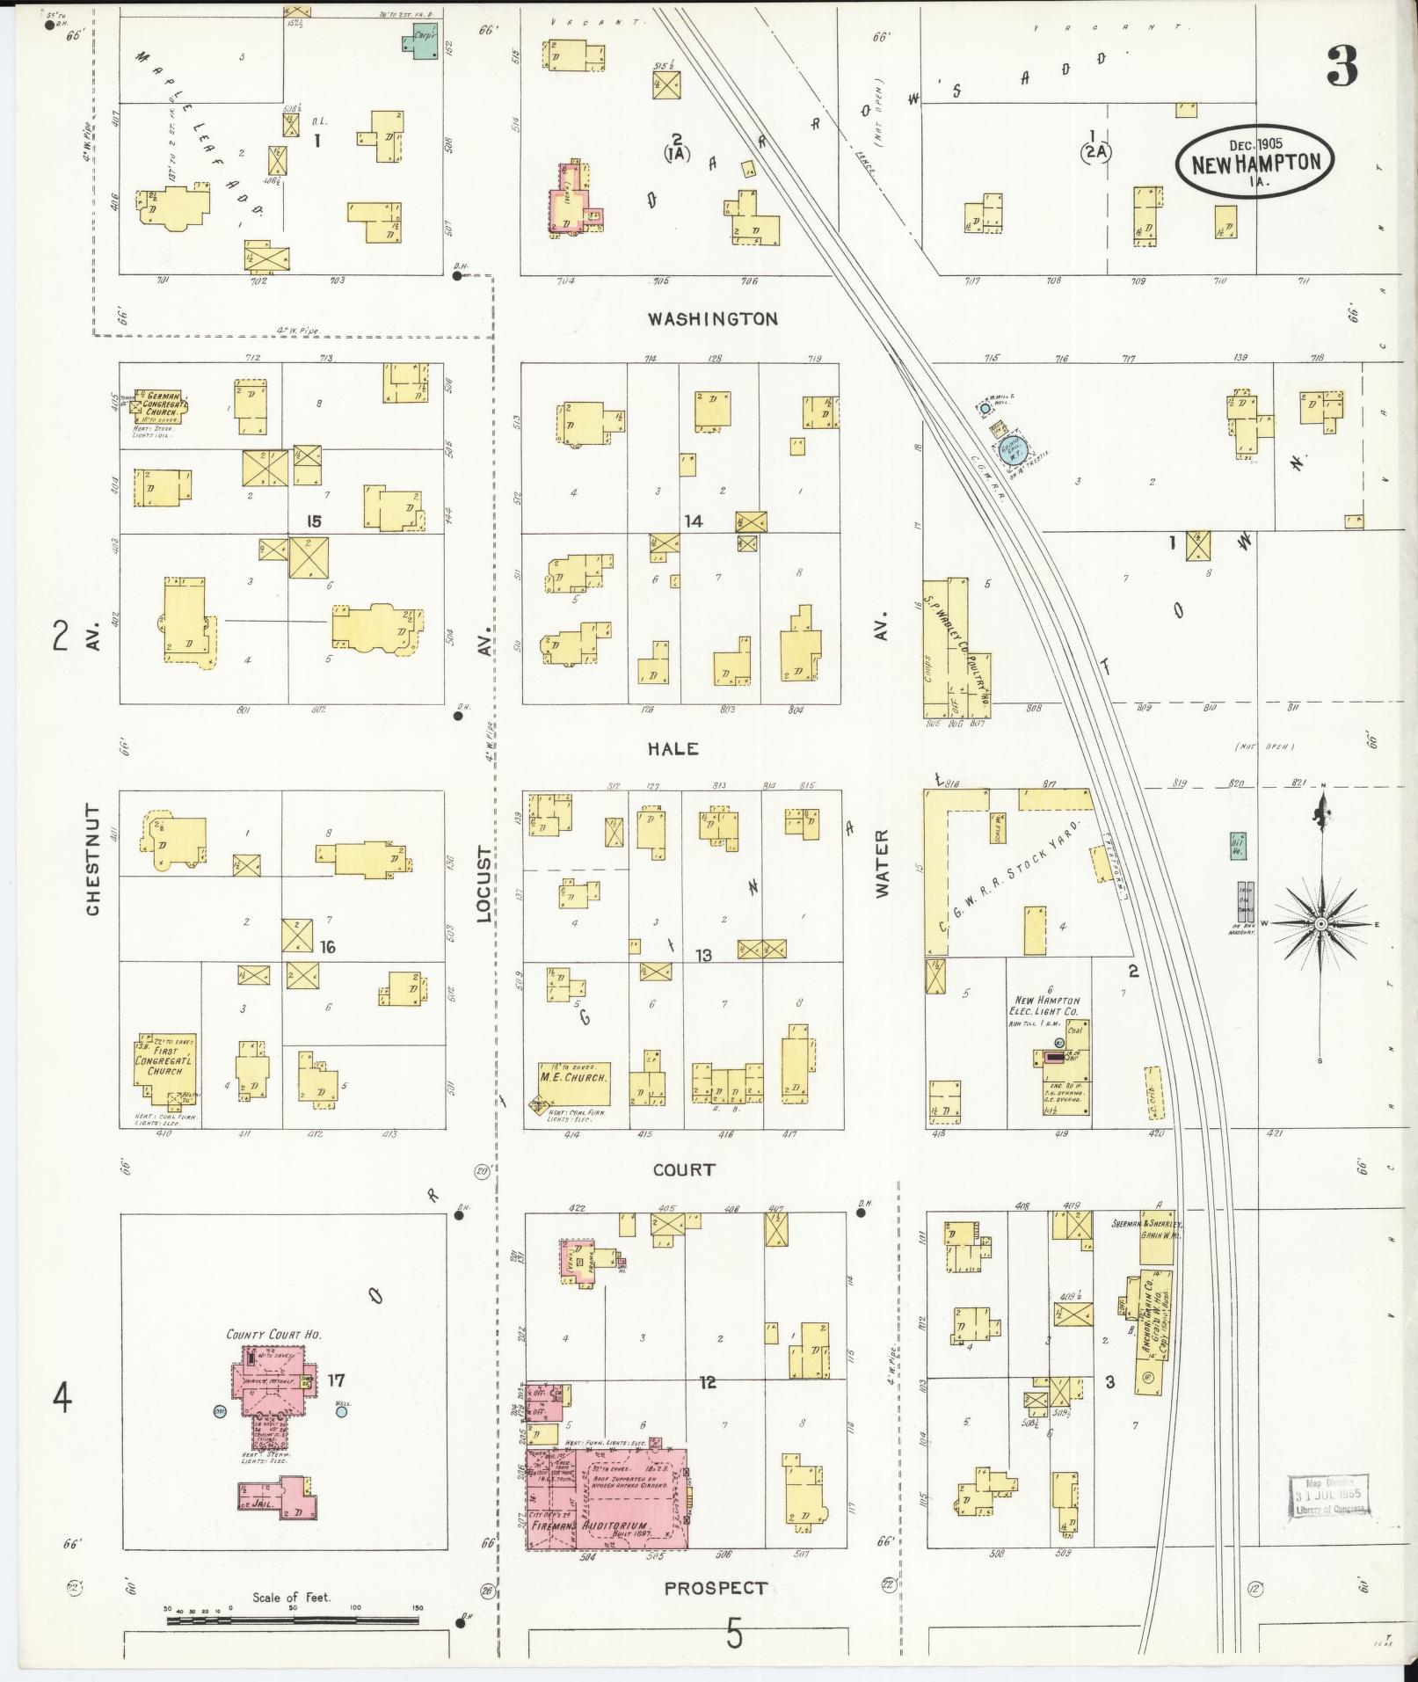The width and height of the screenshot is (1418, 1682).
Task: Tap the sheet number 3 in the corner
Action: click(1342, 66)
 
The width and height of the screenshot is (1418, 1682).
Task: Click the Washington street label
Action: click(712, 319)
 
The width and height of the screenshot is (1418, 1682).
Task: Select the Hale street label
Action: click(673, 748)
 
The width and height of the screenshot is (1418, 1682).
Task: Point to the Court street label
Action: click(684, 1169)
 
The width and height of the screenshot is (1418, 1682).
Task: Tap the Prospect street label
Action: click(715, 1588)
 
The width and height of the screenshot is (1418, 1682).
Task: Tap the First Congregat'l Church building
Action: click(164, 1065)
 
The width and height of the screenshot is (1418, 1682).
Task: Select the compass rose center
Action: click(1320, 925)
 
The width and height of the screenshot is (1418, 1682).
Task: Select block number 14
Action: click(694, 521)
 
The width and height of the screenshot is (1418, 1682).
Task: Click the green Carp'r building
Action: click(427, 40)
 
